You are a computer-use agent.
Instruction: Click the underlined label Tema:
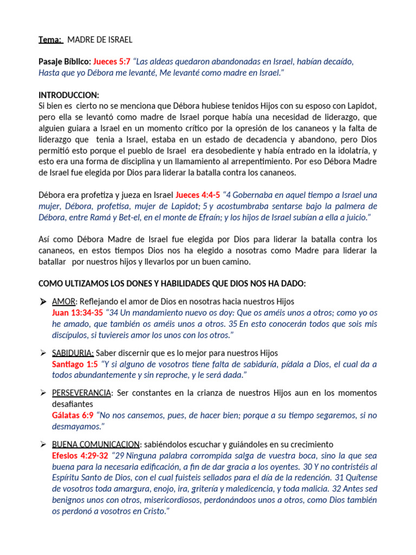point(50,40)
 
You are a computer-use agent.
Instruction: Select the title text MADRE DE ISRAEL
point(99,40)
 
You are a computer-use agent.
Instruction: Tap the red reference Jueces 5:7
point(112,62)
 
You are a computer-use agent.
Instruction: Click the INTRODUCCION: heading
point(68,95)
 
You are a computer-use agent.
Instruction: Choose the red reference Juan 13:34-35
point(77,313)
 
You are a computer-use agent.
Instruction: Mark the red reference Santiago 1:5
point(75,364)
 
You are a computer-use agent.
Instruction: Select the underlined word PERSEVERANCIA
point(82,392)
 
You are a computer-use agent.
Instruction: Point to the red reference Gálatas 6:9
point(72,415)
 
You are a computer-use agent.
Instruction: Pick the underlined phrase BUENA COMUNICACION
point(95,444)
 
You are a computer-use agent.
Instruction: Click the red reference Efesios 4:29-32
point(80,456)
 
